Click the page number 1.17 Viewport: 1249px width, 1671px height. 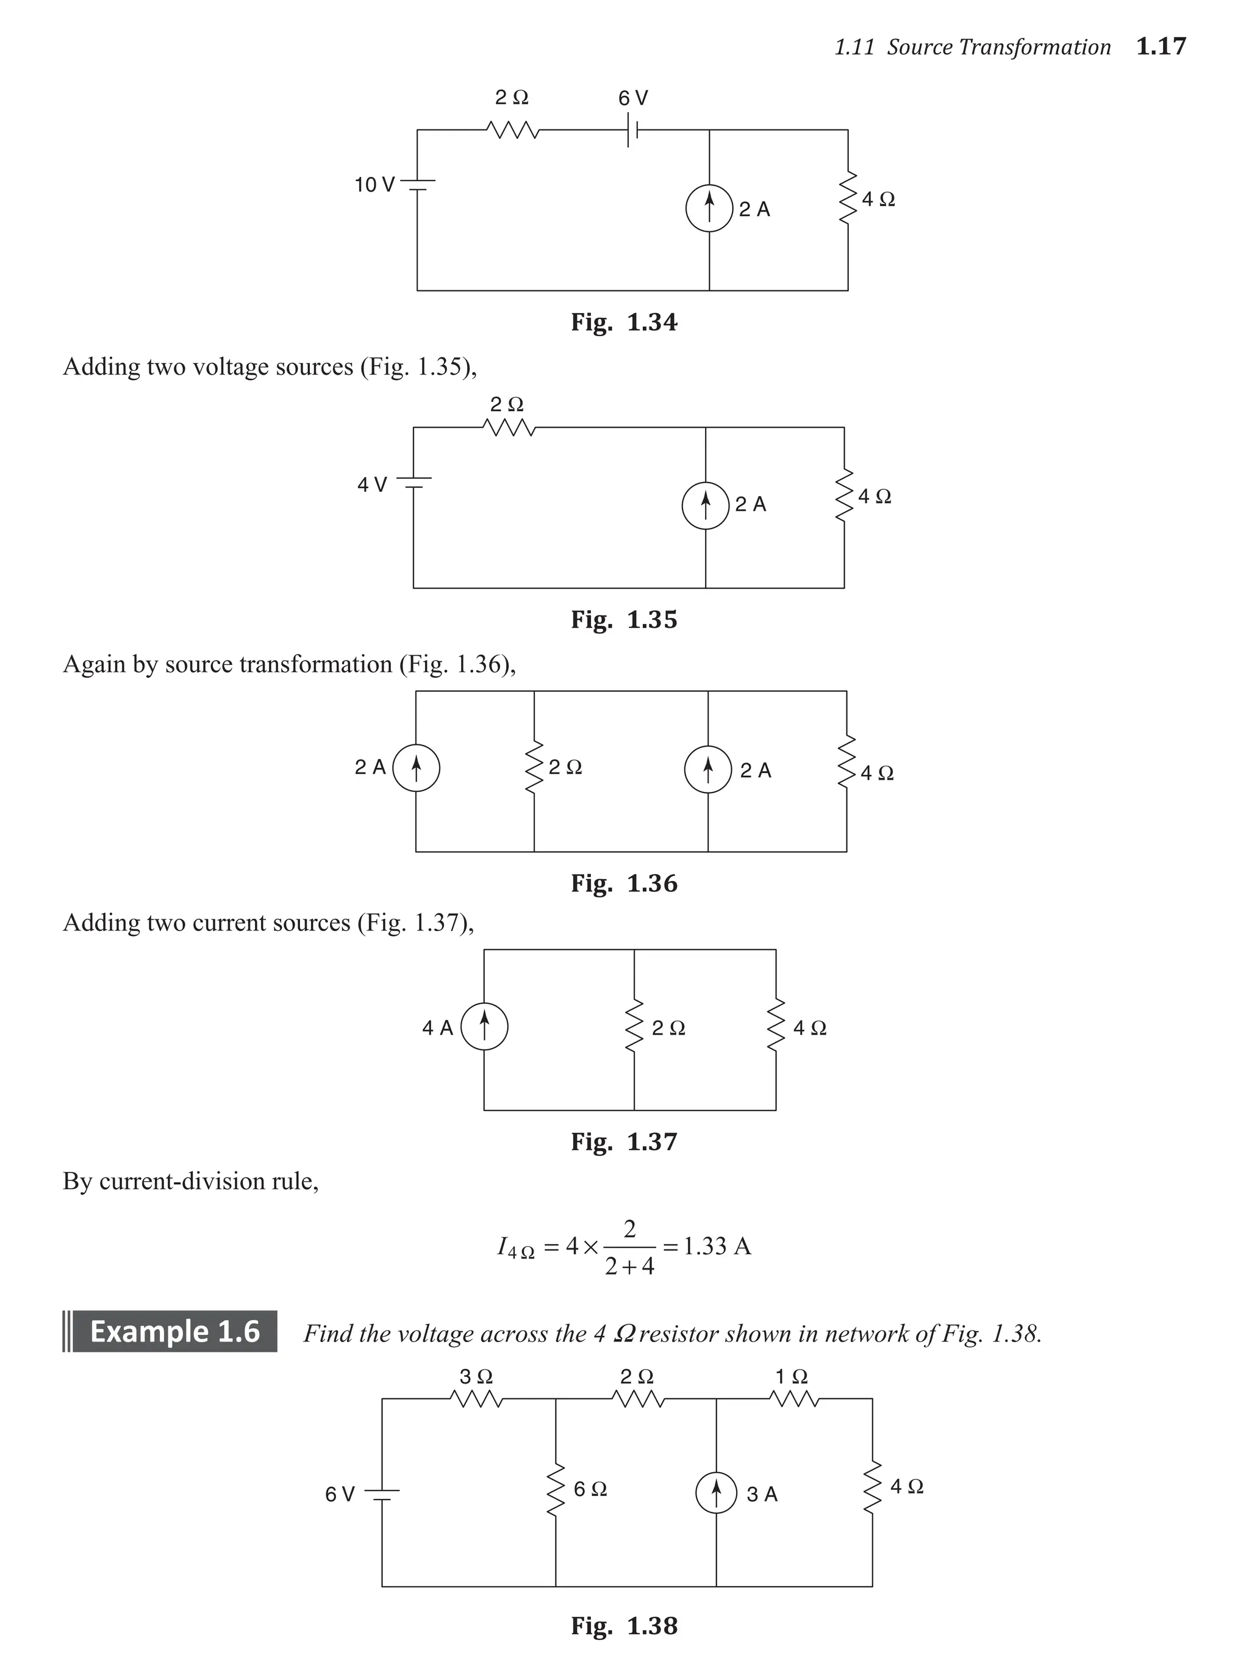[1161, 47]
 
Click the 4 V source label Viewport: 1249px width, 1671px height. [371, 484]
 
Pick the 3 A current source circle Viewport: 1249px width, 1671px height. [716, 1493]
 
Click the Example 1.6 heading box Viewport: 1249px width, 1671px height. [171, 1331]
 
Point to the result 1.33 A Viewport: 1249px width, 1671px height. [717, 1246]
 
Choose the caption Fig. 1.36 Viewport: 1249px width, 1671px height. [624, 883]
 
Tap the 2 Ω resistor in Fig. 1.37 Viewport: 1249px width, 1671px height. [634, 1027]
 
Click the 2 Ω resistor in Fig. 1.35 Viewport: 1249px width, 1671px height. [508, 428]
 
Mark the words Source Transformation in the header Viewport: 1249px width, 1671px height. [998, 48]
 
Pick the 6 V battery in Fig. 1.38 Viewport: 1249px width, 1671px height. [383, 1493]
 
